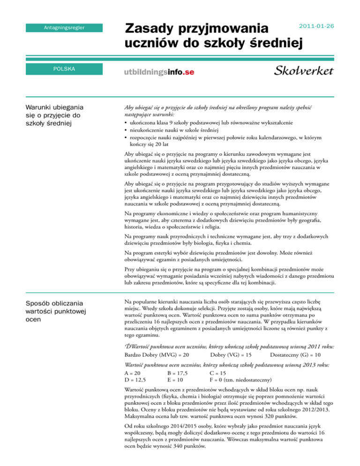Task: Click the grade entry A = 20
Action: point(133,373)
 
